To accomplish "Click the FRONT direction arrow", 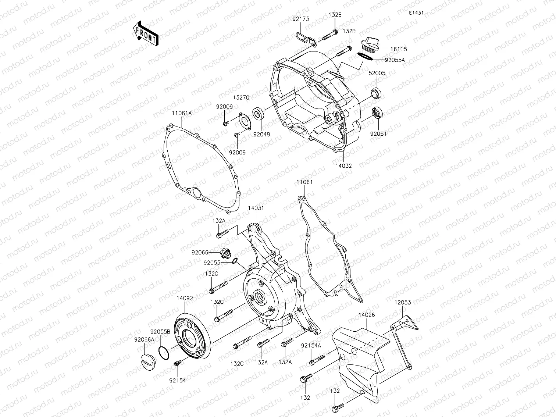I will pyautogui.click(x=146, y=33).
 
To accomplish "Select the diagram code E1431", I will pyautogui.click(x=416, y=13).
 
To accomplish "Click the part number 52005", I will pyautogui.click(x=377, y=73).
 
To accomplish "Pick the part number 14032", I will pyautogui.click(x=343, y=166).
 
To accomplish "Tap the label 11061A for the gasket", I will pyautogui.click(x=182, y=114).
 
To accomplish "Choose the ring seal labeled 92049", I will pyautogui.click(x=258, y=113).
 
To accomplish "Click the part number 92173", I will pyautogui.click(x=301, y=18).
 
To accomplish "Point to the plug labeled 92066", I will pyautogui.click(x=225, y=253).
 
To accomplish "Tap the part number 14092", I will pyautogui.click(x=185, y=298).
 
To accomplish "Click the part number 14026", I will pyautogui.click(x=367, y=315).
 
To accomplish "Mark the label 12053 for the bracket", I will pyautogui.click(x=403, y=303).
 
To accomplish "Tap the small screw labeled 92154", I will pyautogui.click(x=177, y=363).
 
